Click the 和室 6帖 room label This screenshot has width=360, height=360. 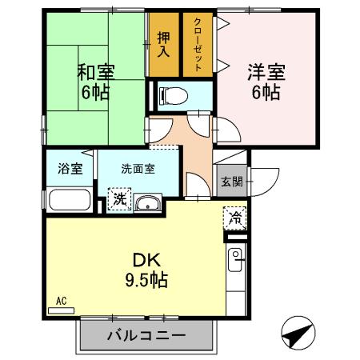95,80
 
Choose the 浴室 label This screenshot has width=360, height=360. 70,169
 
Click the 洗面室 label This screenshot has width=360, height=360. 138,169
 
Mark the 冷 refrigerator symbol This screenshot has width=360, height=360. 236,218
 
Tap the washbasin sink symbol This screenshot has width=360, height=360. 146,203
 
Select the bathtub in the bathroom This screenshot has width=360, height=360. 70,200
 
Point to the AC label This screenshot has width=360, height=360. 62,302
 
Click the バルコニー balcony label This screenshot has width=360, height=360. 146,335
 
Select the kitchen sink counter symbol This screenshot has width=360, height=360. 237,271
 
